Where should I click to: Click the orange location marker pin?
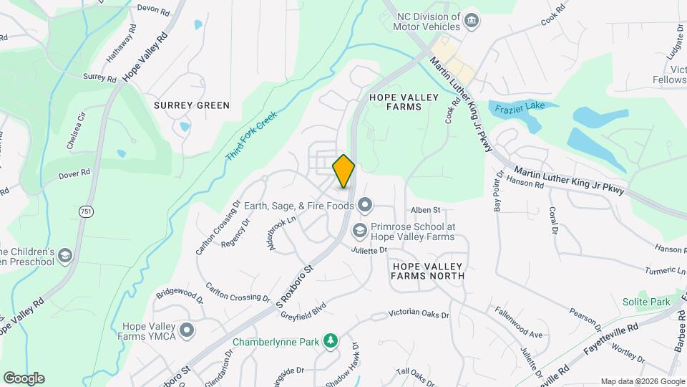[343, 171]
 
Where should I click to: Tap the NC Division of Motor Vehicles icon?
[471, 19]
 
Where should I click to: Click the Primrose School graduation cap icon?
[359, 231]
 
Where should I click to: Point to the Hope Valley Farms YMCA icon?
[187, 330]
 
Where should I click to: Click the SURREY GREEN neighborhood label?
[192, 105]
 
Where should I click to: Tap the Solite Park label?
[645, 302]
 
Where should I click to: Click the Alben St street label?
[424, 210]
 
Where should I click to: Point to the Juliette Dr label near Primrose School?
[369, 250]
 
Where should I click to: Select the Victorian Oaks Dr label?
[419, 314]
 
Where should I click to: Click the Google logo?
[24, 378]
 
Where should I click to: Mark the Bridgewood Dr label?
[180, 293]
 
